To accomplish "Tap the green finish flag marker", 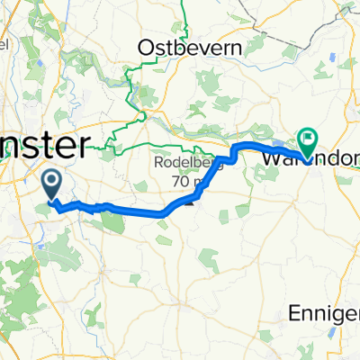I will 308,141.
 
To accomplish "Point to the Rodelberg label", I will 185,164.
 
